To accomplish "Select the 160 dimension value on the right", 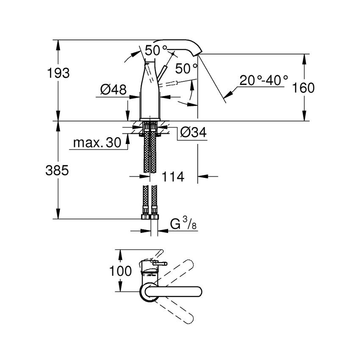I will tap(304, 88).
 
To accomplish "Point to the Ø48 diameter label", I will tap(113, 89).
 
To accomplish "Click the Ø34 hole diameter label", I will tap(193, 133).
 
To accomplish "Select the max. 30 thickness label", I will tap(97, 143).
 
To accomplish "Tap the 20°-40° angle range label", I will tap(263, 80).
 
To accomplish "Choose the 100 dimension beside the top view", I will tap(120, 271).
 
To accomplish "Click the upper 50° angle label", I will tap(156, 50).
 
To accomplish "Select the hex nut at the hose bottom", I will tap(150, 217).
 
